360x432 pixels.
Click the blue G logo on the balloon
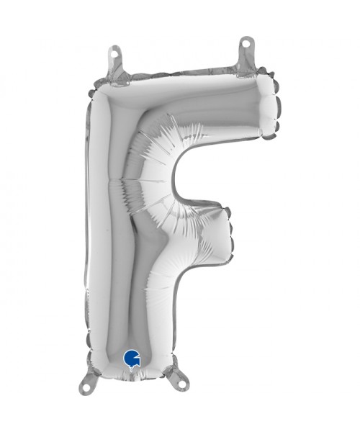click(132, 358)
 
